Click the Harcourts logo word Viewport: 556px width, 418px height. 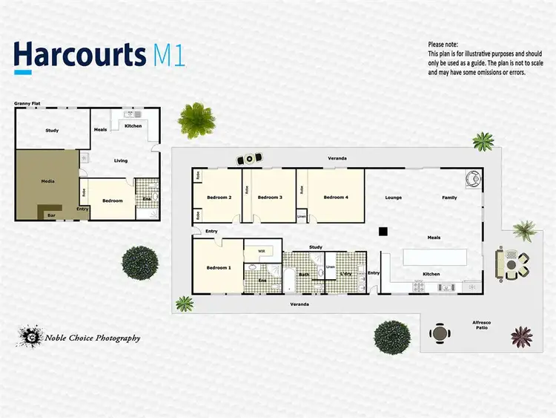(x=80, y=56)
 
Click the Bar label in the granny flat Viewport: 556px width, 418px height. (x=51, y=215)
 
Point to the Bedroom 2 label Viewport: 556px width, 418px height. (x=219, y=197)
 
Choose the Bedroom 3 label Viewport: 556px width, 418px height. (x=270, y=197)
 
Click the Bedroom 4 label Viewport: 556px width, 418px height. (x=336, y=197)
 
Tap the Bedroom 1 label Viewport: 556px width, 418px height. (x=219, y=267)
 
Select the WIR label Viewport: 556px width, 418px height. (x=262, y=251)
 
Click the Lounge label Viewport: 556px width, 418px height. (x=394, y=197)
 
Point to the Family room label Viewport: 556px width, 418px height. (x=450, y=197)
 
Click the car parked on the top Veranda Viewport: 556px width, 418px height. (x=249, y=159)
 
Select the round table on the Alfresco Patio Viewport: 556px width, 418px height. (x=440, y=333)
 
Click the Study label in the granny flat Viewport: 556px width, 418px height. (x=52, y=131)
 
